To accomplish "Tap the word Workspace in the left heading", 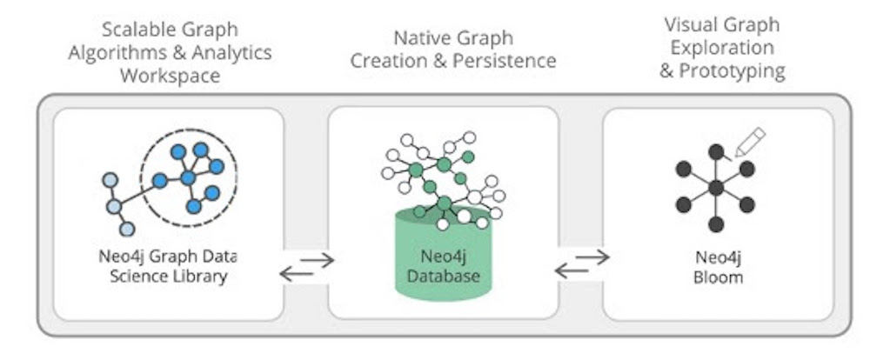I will point(170,75).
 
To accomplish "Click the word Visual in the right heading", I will point(687,24).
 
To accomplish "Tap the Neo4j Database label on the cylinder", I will point(444,268).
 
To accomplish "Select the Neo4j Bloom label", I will point(716,266).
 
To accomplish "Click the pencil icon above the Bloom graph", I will point(748,142).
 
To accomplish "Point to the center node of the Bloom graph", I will point(715,187).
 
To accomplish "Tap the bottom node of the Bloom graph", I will point(715,224).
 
